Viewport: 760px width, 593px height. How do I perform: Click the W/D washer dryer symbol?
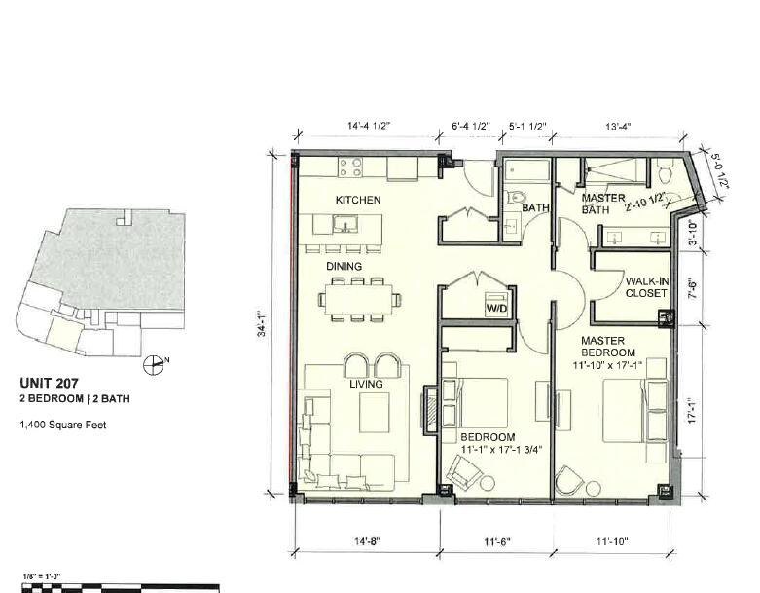pos(496,305)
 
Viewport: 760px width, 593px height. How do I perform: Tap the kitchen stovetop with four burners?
pos(350,167)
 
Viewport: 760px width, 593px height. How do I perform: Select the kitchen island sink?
pos(345,225)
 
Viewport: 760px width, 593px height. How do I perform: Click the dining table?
pos(359,300)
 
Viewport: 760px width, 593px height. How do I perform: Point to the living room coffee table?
pos(375,412)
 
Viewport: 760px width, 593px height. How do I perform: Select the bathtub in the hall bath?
pos(526,170)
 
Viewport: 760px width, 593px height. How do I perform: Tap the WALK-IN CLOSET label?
pos(646,287)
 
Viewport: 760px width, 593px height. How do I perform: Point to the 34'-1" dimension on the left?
pos(262,323)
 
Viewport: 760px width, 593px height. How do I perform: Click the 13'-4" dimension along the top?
pos(618,127)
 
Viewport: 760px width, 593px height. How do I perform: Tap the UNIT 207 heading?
pos(49,383)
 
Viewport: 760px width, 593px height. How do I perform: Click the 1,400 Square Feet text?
pos(63,425)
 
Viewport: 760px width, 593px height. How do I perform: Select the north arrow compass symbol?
pos(154,364)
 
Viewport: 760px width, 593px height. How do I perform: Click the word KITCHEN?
pos(358,200)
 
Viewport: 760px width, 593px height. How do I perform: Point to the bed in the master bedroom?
pos(634,410)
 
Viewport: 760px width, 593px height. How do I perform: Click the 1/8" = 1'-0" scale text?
pos(42,576)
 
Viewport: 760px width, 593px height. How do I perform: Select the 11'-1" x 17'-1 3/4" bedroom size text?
pos(501,450)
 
